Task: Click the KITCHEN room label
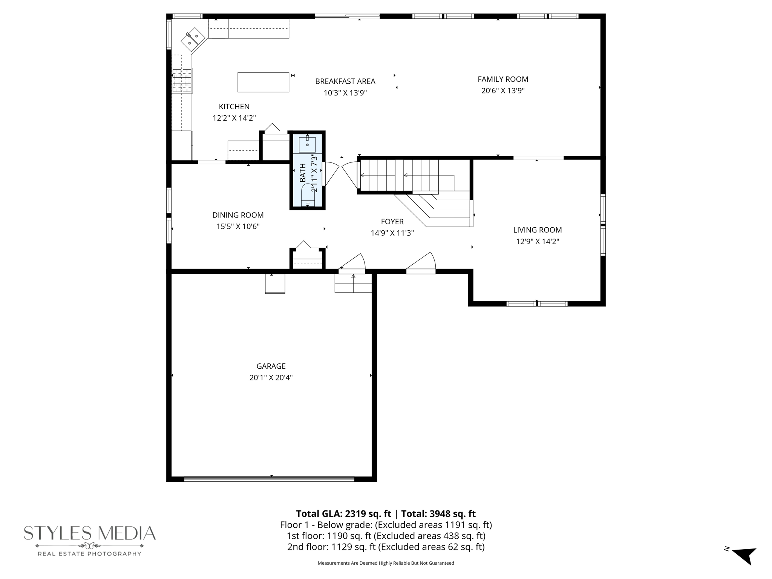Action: point(234,107)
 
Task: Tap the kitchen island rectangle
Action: point(263,82)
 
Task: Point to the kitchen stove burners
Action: point(182,80)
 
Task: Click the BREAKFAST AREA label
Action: point(345,81)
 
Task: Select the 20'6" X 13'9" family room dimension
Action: point(503,91)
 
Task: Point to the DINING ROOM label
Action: point(238,215)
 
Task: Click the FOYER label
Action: point(392,222)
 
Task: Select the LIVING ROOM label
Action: point(537,230)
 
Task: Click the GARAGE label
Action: point(271,366)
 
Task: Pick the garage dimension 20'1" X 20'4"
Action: point(271,378)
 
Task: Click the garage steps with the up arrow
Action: point(353,283)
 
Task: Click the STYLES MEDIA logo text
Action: point(90,533)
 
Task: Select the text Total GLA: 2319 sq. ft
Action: point(343,514)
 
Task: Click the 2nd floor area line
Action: point(386,547)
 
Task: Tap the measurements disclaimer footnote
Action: point(386,563)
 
